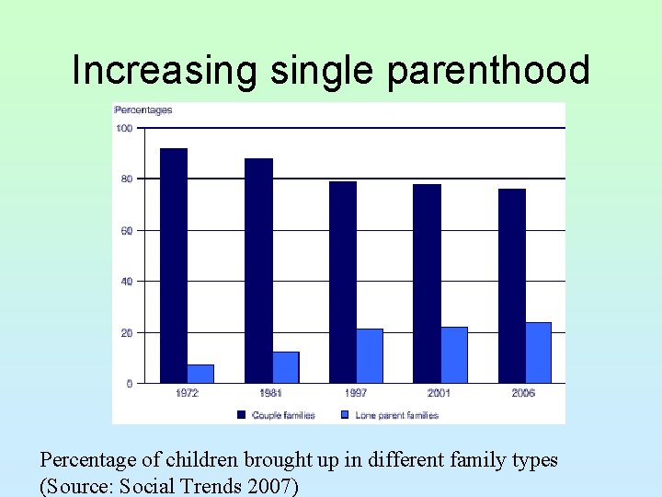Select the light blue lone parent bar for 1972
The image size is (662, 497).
(200, 374)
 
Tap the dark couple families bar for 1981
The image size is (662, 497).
(258, 271)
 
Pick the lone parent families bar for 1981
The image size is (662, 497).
(286, 367)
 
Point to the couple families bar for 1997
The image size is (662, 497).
(343, 282)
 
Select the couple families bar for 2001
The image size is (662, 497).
(427, 283)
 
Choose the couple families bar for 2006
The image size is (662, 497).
(512, 285)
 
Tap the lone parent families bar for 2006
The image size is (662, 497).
(539, 353)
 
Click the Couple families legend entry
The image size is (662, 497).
(277, 415)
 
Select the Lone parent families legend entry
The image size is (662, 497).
(390, 415)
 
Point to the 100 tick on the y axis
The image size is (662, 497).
(123, 128)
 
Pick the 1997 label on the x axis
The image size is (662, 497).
(356, 393)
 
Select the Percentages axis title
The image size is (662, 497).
(143, 110)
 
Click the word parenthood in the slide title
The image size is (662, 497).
(489, 71)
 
